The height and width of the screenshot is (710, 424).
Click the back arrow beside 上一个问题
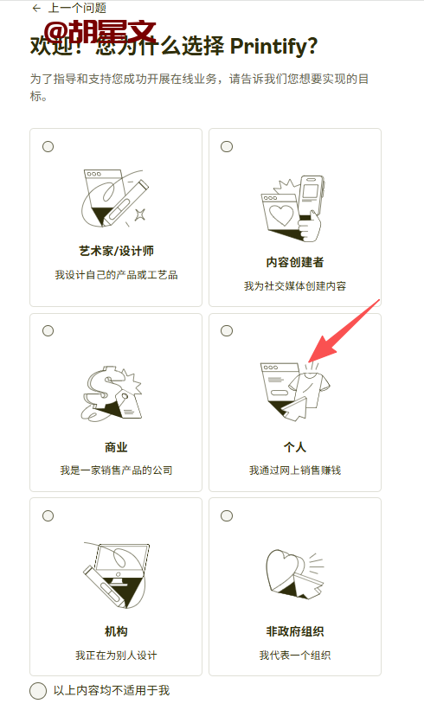[36, 8]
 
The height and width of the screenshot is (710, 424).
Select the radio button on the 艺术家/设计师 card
[48, 147]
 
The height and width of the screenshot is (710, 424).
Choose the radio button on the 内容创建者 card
[227, 147]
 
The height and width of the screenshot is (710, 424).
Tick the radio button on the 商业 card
[48, 331]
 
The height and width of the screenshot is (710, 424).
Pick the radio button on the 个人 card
[227, 331]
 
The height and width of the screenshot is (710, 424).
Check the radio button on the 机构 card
[48, 515]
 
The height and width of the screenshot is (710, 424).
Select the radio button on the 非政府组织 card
[227, 515]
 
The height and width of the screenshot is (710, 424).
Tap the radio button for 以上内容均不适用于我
[38, 690]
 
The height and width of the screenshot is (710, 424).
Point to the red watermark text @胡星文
[100, 32]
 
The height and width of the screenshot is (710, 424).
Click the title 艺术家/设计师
[117, 251]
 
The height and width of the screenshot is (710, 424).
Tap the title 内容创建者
[295, 262]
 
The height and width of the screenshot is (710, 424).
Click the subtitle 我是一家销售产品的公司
[117, 470]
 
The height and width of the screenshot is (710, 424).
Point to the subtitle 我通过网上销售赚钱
[295, 470]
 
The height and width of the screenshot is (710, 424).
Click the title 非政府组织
[295, 631]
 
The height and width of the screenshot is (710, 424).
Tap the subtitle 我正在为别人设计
[117, 655]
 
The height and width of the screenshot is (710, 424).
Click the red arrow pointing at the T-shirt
[343, 331]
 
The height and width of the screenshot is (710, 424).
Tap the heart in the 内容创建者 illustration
[281, 214]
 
